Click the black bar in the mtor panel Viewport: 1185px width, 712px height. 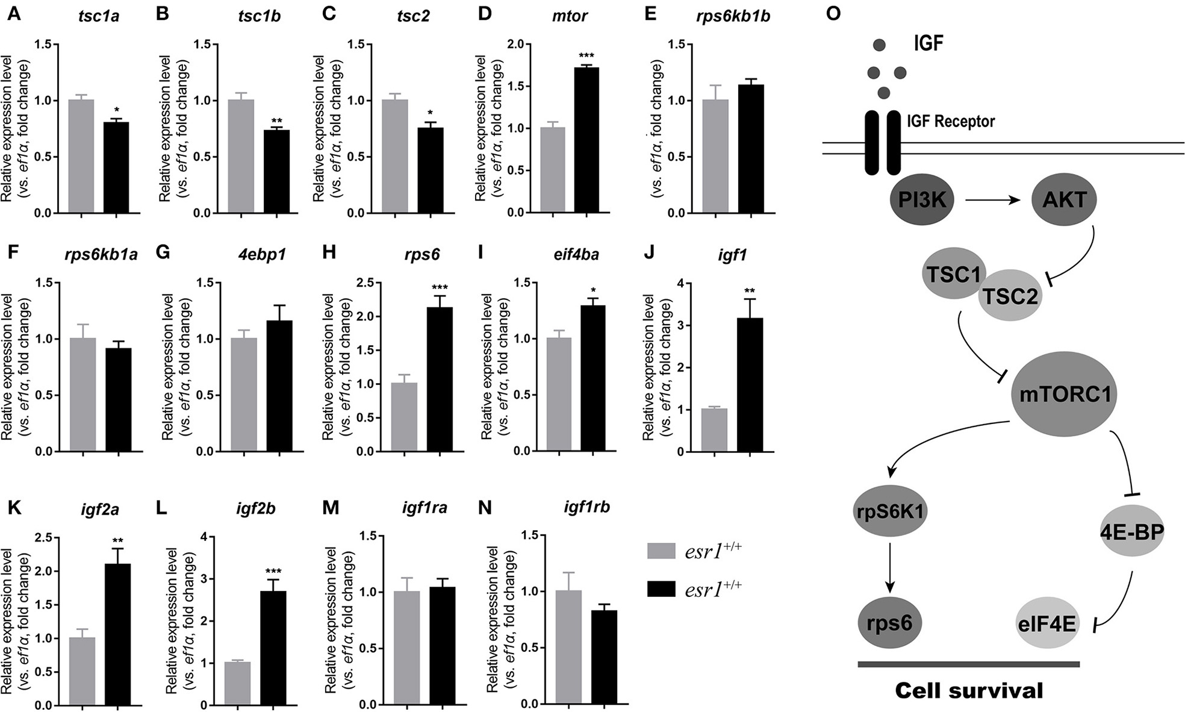[586, 140]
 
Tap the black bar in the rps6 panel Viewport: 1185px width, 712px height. [440, 379]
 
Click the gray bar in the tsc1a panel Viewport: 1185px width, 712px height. [81, 156]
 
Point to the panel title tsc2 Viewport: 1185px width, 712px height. [414, 16]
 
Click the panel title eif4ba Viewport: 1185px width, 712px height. [576, 254]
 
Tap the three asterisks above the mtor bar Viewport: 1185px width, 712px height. [586, 55]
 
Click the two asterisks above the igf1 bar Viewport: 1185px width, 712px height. [750, 292]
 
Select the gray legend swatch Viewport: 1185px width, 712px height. [661, 551]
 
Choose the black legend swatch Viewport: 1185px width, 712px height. [661, 588]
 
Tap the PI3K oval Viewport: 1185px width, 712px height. [921, 200]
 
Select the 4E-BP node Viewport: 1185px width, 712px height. [1132, 531]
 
